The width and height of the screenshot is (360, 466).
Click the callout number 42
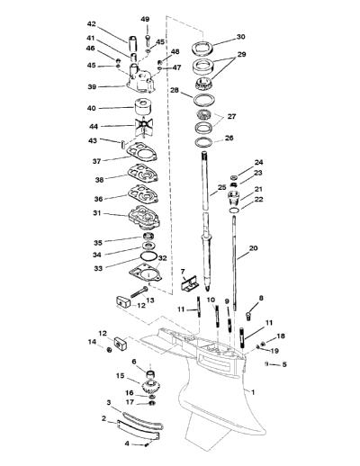pyautogui.click(x=91, y=23)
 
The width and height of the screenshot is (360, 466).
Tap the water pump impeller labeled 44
pyautogui.click(x=143, y=126)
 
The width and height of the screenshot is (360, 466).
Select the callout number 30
pyautogui.click(x=241, y=37)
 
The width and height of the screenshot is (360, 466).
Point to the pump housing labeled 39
pyautogui.click(x=140, y=79)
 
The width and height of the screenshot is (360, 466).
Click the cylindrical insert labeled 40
pyautogui.click(x=143, y=107)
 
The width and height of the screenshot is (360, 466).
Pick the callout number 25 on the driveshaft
pyautogui.click(x=221, y=187)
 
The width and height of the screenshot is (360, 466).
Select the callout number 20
pyautogui.click(x=254, y=248)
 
